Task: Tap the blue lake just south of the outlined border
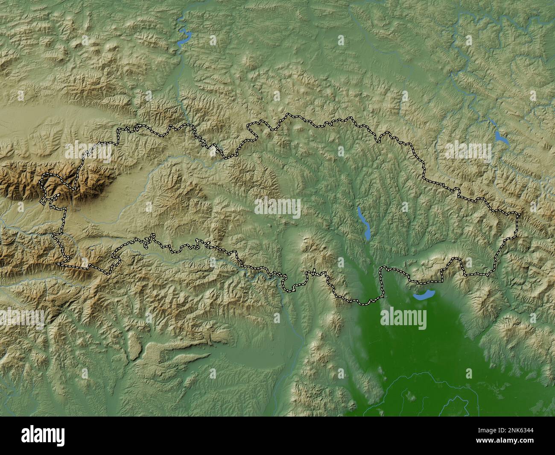tap(424, 294)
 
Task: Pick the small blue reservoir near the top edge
tap(184, 38)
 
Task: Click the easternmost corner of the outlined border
tap(519, 214)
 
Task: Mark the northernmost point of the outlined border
tap(291, 114)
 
